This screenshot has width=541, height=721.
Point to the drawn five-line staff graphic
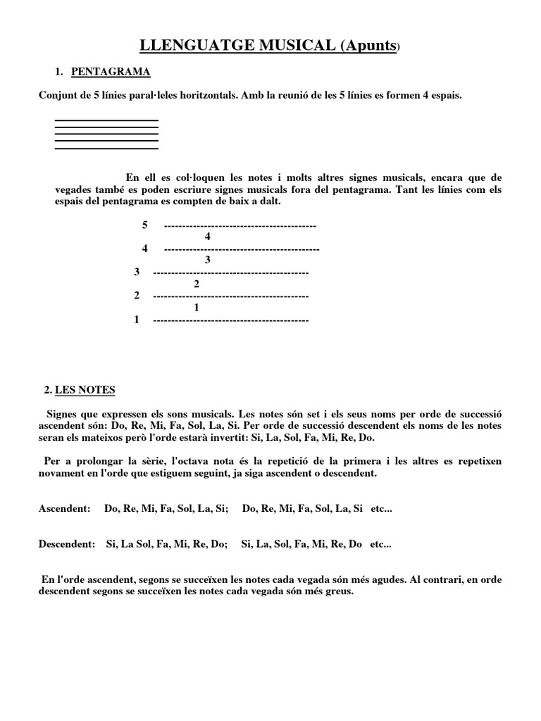(106, 134)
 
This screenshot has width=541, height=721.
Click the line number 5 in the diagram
(145, 225)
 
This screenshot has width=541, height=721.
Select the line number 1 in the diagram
(136, 320)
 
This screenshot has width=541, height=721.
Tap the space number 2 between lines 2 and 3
(197, 284)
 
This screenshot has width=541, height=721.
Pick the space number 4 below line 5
(207, 237)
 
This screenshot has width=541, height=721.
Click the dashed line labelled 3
(230, 272)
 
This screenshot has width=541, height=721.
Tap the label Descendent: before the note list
(67, 544)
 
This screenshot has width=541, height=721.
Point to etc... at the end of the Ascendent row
(380, 508)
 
